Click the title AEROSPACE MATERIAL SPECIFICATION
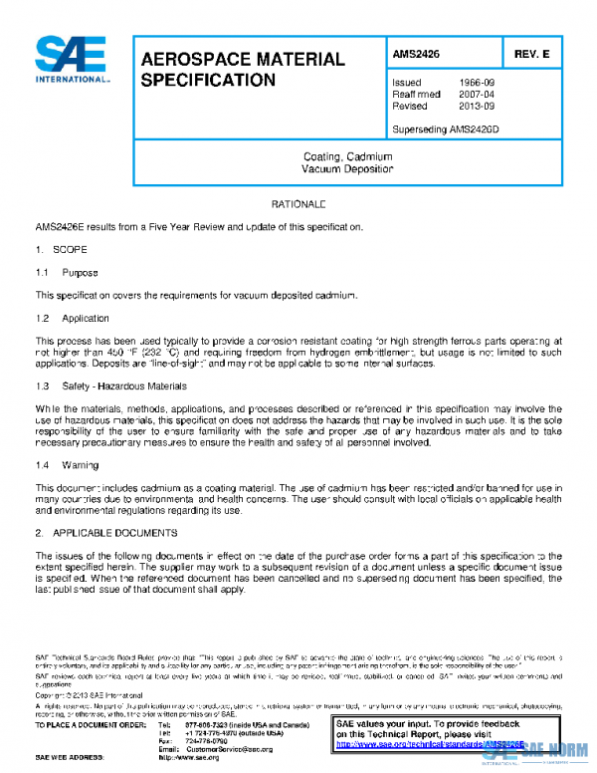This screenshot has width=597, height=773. click(244, 69)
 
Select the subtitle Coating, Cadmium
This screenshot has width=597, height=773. click(347, 157)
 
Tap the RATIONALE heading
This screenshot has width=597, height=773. click(298, 204)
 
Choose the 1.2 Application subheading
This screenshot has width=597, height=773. click(72, 318)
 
